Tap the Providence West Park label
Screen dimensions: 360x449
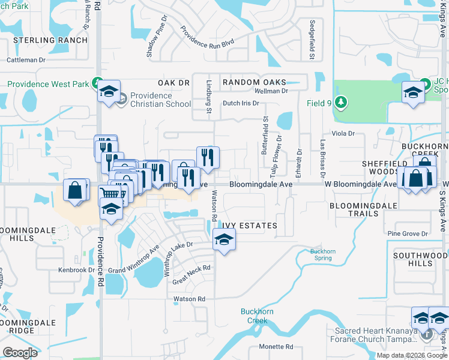coord(48,84)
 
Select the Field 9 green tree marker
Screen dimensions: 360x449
coord(342,103)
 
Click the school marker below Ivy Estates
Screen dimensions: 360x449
coord(224,240)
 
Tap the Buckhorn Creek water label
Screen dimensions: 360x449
coord(258,316)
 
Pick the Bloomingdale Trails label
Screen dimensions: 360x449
coord(363,210)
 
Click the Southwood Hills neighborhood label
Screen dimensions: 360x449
coord(420,260)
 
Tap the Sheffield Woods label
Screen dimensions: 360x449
coord(385,167)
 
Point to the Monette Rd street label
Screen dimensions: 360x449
coord(276,347)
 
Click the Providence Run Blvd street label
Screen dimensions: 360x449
coord(207,38)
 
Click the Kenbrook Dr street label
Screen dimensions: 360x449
coord(76,270)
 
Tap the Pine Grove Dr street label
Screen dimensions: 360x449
coord(408,233)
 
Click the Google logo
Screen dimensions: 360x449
coord(20,352)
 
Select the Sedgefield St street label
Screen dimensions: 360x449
coord(312,40)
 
